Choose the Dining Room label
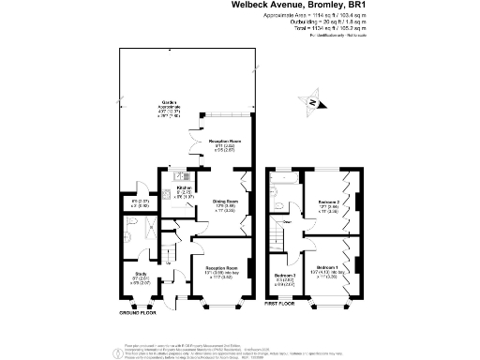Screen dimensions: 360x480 click(x=223, y=205)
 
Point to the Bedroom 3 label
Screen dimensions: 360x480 click(x=285, y=276)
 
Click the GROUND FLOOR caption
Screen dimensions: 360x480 click(x=138, y=312)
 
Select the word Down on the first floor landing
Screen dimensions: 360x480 click(x=288, y=222)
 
